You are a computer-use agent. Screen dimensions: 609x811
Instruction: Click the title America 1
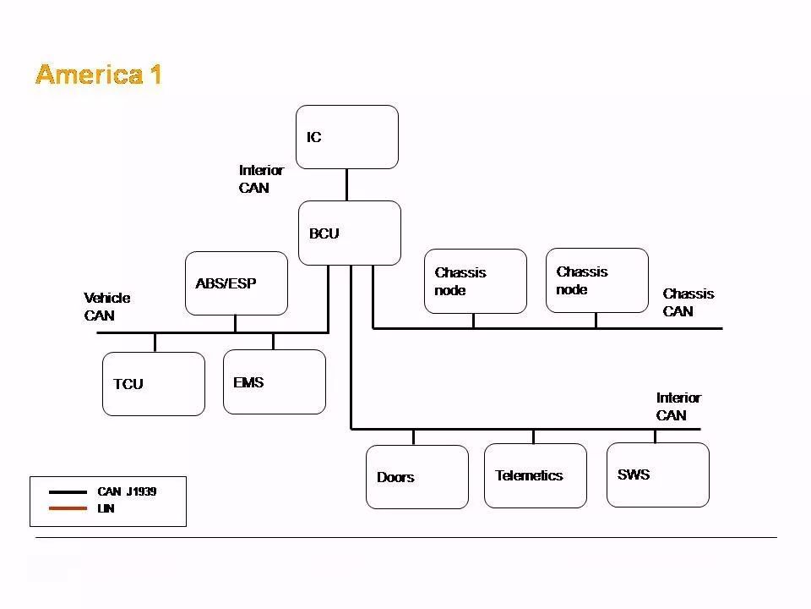coord(99,74)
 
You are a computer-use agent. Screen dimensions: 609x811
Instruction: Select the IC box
coord(346,137)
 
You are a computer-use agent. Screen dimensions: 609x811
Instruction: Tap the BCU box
coord(349,233)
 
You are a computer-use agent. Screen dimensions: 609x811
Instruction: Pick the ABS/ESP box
coord(236,283)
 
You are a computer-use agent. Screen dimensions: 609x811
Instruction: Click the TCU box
coord(153,384)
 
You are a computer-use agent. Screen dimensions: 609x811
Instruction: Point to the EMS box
coord(274,382)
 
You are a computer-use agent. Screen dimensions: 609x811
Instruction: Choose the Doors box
coord(416,477)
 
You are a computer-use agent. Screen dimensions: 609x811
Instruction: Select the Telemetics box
coord(535,475)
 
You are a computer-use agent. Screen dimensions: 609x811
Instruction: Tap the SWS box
coord(657,475)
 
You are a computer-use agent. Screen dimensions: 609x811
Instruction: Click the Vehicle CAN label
coord(106,306)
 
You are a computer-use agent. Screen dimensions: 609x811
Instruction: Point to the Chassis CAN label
coord(688,302)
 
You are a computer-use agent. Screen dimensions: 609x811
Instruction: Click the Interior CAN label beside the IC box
coord(261,178)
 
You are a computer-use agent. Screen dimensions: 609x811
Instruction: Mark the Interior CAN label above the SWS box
coord(678,406)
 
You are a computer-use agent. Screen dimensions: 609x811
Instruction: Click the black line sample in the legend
coord(68,491)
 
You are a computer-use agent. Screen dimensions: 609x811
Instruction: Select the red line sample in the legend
coord(68,508)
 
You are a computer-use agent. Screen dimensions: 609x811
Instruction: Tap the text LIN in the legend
coord(106,508)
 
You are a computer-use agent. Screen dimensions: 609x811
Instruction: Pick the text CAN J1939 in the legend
coord(127,491)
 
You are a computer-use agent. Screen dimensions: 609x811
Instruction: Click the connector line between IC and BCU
coord(346,184)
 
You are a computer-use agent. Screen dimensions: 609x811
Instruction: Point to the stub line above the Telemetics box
coord(533,436)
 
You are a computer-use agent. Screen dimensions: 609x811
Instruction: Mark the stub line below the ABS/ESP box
coord(235,323)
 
